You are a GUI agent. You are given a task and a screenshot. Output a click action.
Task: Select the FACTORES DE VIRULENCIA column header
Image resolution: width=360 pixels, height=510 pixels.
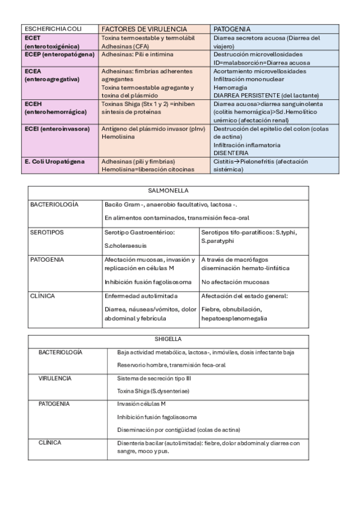[144, 29]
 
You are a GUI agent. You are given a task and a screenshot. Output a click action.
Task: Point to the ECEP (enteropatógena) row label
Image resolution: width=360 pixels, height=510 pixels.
[59, 54]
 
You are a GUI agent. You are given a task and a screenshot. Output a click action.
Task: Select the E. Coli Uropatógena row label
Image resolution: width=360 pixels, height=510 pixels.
[55, 161]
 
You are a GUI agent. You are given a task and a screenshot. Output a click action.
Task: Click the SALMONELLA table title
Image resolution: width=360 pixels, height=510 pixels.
[168, 191]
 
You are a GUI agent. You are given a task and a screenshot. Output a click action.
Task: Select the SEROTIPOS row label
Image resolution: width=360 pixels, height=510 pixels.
[47, 232]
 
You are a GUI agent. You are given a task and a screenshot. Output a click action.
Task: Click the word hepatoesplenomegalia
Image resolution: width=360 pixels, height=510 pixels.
[234, 318]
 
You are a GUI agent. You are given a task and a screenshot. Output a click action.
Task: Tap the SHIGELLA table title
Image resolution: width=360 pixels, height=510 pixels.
[168, 339]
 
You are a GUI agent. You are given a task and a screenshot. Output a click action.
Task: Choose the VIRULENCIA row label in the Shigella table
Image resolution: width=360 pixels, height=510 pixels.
[55, 378]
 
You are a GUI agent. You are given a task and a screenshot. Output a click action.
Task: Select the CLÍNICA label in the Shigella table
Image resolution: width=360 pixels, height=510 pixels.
[50, 442]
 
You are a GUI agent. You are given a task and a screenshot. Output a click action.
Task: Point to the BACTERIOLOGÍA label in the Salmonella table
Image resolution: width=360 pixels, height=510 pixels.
[54, 205]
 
